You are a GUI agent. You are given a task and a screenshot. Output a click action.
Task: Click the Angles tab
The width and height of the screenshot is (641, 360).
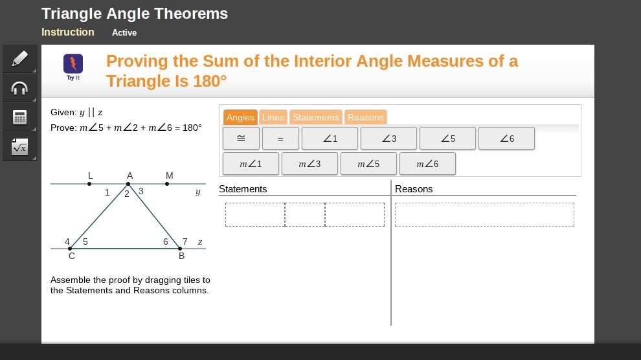[x=240, y=117]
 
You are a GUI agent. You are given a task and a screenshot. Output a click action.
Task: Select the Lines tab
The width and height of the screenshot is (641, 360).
[x=273, y=117]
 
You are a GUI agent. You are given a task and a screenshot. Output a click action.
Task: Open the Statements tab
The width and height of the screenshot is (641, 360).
[x=315, y=117]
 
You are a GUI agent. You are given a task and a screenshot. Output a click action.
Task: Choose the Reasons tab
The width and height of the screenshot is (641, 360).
[x=365, y=117]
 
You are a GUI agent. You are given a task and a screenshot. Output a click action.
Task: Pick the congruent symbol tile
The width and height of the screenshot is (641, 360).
[x=242, y=139]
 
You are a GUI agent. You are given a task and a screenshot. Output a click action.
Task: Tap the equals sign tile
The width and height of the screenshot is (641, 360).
[x=280, y=139]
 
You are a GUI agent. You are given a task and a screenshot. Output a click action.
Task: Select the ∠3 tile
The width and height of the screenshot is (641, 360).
[x=388, y=139]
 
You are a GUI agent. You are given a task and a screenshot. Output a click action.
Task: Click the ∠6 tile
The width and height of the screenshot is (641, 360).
[x=506, y=139]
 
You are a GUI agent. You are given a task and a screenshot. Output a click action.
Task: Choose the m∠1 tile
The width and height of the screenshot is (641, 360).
[x=251, y=164]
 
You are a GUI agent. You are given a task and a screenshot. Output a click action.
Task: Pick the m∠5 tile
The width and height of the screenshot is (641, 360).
[x=368, y=164]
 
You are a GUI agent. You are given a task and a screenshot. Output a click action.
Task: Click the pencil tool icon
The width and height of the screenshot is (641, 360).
[x=19, y=59]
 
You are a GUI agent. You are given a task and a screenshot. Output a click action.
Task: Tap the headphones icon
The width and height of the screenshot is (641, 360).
[x=19, y=88]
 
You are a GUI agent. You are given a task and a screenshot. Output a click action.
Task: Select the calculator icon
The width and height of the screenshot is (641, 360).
[x=19, y=117]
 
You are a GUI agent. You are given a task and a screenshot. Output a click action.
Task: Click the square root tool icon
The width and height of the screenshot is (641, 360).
[x=19, y=147]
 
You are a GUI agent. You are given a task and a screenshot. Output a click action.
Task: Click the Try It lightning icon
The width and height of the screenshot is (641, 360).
[x=73, y=64]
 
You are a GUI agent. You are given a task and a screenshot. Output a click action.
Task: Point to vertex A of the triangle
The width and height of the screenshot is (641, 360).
[x=128, y=184]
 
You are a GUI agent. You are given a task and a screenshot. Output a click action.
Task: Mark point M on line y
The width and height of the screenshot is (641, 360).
[x=167, y=184]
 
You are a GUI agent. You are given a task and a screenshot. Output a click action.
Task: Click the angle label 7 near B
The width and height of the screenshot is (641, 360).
[x=185, y=242]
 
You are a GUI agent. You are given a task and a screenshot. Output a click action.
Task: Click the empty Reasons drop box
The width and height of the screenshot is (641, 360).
[x=484, y=214]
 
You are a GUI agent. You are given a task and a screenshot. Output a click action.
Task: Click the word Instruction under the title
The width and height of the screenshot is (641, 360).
[x=68, y=32]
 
